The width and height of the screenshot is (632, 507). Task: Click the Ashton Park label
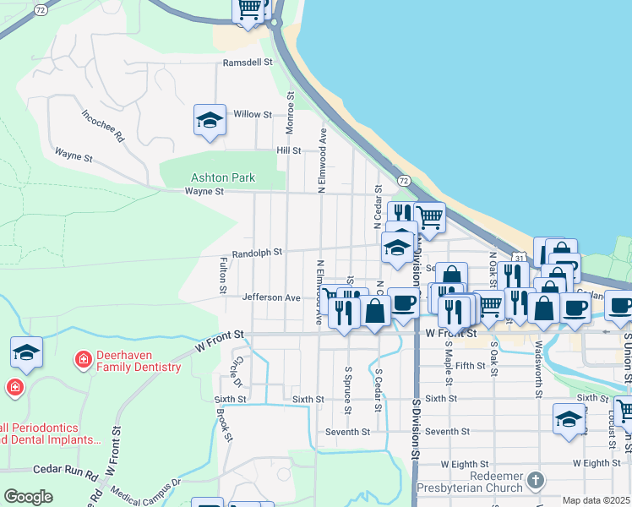(223, 177)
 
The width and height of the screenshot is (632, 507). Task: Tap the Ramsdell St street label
(248, 63)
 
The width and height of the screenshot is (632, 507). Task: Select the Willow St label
(253, 114)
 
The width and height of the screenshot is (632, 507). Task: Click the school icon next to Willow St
(210, 120)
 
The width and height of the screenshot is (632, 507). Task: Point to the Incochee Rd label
(103, 124)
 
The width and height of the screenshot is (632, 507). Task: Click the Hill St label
(289, 150)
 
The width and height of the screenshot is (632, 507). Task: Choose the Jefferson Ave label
(271, 297)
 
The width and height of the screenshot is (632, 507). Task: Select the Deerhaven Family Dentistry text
(139, 361)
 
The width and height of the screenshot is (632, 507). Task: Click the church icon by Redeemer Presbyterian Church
(534, 480)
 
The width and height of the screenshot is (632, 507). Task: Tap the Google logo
(28, 497)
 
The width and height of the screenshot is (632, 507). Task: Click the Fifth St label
(470, 366)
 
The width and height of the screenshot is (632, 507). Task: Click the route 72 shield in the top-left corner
(41, 8)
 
